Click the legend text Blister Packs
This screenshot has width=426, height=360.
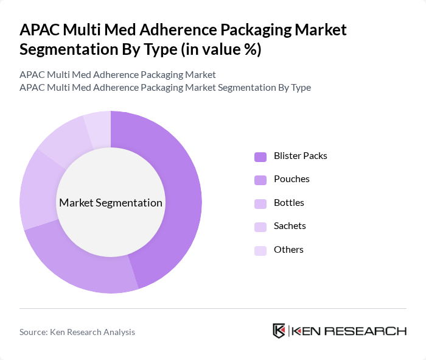(x=300, y=156)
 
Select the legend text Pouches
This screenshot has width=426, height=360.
(x=292, y=179)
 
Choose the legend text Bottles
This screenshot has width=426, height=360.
(x=288, y=203)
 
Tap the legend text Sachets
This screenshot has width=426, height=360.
(x=290, y=226)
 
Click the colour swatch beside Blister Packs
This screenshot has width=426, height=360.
(x=260, y=157)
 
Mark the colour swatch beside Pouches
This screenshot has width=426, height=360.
(x=260, y=180)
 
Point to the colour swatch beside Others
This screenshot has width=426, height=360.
(x=260, y=250)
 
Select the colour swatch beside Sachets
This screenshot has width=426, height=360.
(x=260, y=227)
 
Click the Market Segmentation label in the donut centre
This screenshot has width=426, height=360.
(x=111, y=203)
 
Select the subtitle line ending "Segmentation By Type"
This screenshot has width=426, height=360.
(x=165, y=87)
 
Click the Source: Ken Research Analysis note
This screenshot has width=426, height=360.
(x=77, y=332)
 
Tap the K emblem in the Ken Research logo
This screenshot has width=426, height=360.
(x=279, y=331)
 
